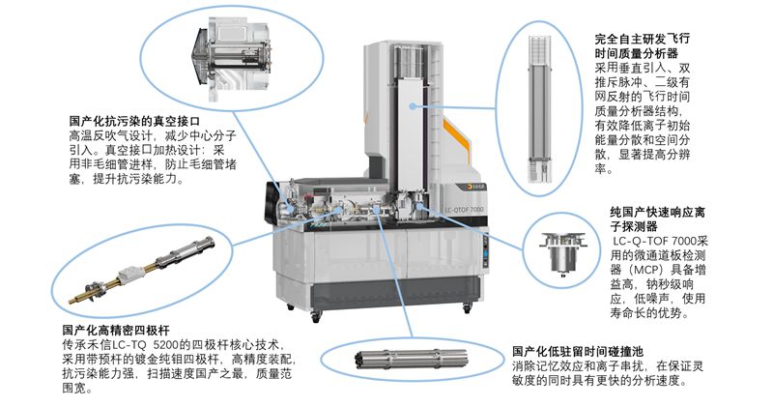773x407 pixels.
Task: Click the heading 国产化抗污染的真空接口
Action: (x=134, y=121)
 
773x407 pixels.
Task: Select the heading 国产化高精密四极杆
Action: (x=116, y=330)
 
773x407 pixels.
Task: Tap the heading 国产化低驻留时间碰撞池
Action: (x=577, y=352)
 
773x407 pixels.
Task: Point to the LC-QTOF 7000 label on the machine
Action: (x=464, y=210)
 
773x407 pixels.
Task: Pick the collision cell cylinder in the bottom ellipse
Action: (x=411, y=359)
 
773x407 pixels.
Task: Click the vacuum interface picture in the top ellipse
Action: (x=233, y=58)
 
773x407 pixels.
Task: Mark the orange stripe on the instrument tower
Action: (x=456, y=140)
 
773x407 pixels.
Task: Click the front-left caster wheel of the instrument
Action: (x=316, y=317)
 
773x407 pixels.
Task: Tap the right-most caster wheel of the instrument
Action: (x=467, y=309)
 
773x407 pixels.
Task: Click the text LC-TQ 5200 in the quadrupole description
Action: (x=151, y=344)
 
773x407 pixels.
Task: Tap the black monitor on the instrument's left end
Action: (x=272, y=203)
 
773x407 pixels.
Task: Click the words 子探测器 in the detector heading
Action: (x=634, y=227)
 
